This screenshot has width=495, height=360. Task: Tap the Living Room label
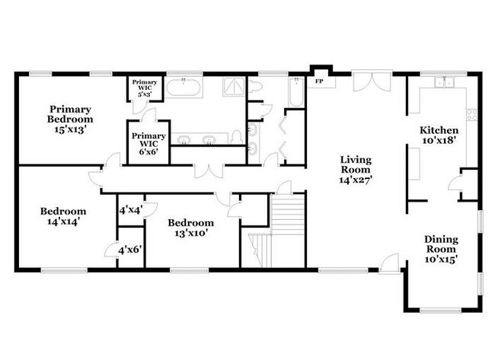point(355,170)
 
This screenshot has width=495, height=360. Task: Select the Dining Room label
point(440,249)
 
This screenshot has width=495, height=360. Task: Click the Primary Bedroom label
point(69,119)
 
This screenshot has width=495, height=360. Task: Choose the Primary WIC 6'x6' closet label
point(147,142)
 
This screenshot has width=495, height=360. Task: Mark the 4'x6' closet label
point(130,249)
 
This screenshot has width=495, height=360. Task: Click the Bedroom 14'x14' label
point(63,216)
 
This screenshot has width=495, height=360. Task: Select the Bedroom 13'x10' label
point(191,228)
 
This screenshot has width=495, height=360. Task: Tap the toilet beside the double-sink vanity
point(238,138)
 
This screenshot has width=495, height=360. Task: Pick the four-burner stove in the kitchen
point(471,116)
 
